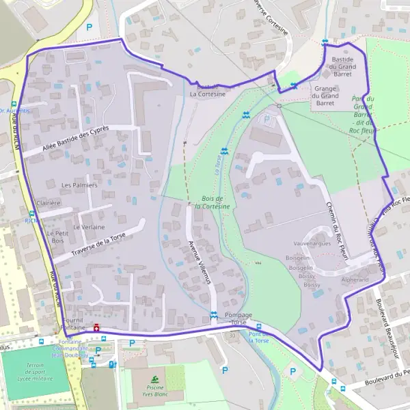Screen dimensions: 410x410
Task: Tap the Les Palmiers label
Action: tap(80, 185)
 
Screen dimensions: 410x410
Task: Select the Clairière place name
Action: tap(49, 203)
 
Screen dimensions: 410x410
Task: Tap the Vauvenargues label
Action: tap(312, 243)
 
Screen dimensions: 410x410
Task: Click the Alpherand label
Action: tap(355, 280)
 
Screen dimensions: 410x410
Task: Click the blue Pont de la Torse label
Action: tap(260, 338)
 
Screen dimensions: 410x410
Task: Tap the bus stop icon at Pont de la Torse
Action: tap(259, 327)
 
